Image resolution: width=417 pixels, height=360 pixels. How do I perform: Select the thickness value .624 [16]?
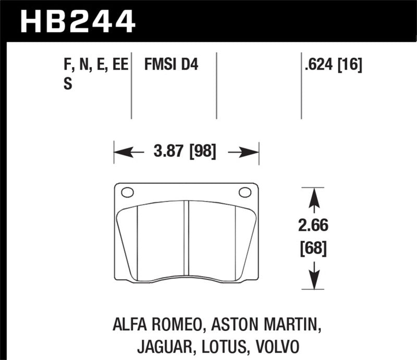coord(332,65)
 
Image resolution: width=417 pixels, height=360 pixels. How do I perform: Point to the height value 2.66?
coord(313,228)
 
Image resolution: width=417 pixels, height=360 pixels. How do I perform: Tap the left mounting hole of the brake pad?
coord(127,193)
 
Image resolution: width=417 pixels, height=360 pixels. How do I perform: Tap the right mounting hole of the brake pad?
coord(244,193)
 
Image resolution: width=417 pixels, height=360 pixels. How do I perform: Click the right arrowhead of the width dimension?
coord(253,153)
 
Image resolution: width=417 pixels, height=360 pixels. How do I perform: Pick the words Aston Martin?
coord(266,326)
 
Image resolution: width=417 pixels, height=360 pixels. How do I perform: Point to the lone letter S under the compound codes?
coord(67,84)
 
